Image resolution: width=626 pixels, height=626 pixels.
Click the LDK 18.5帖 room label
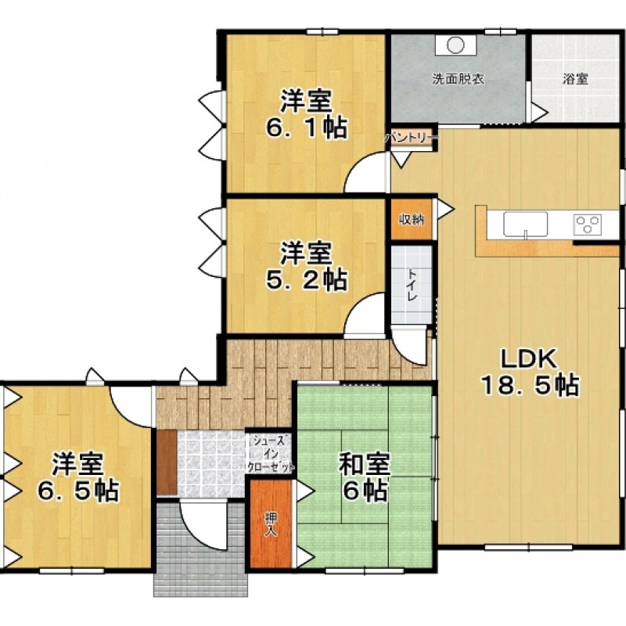(530, 373)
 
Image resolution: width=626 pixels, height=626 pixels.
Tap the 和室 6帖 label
(364, 477)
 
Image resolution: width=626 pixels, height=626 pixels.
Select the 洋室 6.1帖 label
(306, 114)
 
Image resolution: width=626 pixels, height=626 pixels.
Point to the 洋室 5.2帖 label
(306, 267)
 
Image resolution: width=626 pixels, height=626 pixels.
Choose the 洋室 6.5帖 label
(78, 477)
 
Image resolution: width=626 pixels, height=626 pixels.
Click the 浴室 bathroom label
(575, 79)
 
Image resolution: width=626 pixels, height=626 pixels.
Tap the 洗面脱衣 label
(459, 79)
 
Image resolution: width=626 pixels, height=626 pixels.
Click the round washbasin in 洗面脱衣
(455, 45)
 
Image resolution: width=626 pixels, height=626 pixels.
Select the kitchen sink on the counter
(525, 225)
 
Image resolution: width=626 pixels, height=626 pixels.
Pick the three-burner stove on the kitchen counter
(588, 224)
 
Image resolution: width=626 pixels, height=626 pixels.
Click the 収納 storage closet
(412, 219)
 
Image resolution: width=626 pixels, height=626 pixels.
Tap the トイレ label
(412, 285)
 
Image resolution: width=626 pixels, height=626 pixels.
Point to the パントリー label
(412, 139)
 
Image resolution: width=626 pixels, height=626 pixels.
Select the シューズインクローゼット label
(271, 454)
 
